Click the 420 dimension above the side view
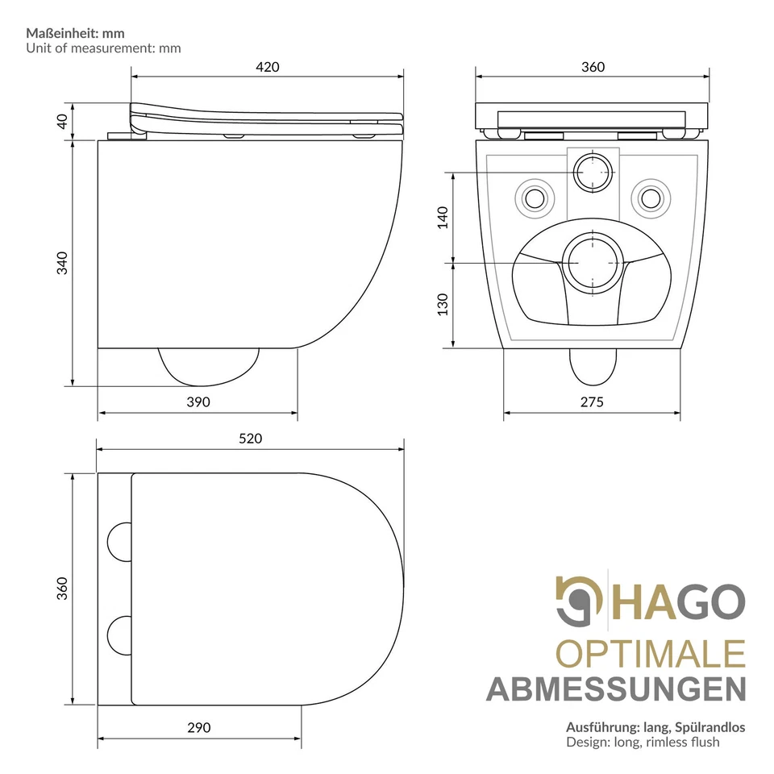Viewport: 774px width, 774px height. pos(268,67)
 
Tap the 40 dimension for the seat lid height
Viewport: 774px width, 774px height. pos(62,121)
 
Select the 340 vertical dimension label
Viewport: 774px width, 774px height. pos(62,263)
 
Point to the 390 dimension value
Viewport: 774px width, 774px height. pos(198,402)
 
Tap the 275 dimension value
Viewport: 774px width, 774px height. pos(591,402)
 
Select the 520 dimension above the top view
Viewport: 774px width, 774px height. pos(251,439)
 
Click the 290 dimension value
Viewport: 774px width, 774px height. pos(198,727)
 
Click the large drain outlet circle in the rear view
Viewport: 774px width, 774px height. pos(593,262)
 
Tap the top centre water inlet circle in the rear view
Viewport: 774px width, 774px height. pos(593,172)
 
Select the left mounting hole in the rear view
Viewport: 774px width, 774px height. pos(534,197)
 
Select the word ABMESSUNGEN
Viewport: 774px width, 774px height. pos(616,689)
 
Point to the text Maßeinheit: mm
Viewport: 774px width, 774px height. pos(76,33)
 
